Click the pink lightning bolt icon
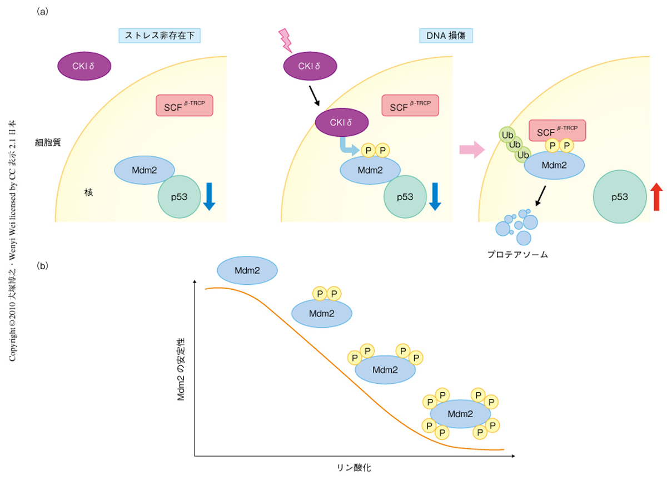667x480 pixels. [285, 39]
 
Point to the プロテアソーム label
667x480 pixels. [517, 254]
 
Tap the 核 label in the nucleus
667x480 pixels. [88, 192]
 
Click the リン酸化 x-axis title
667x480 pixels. [354, 468]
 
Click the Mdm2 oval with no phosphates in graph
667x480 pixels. [247, 270]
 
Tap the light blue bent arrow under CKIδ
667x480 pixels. [347, 147]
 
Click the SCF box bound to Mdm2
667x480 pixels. [557, 130]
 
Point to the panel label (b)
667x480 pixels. [43, 265]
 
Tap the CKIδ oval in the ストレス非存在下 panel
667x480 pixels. [84, 67]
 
